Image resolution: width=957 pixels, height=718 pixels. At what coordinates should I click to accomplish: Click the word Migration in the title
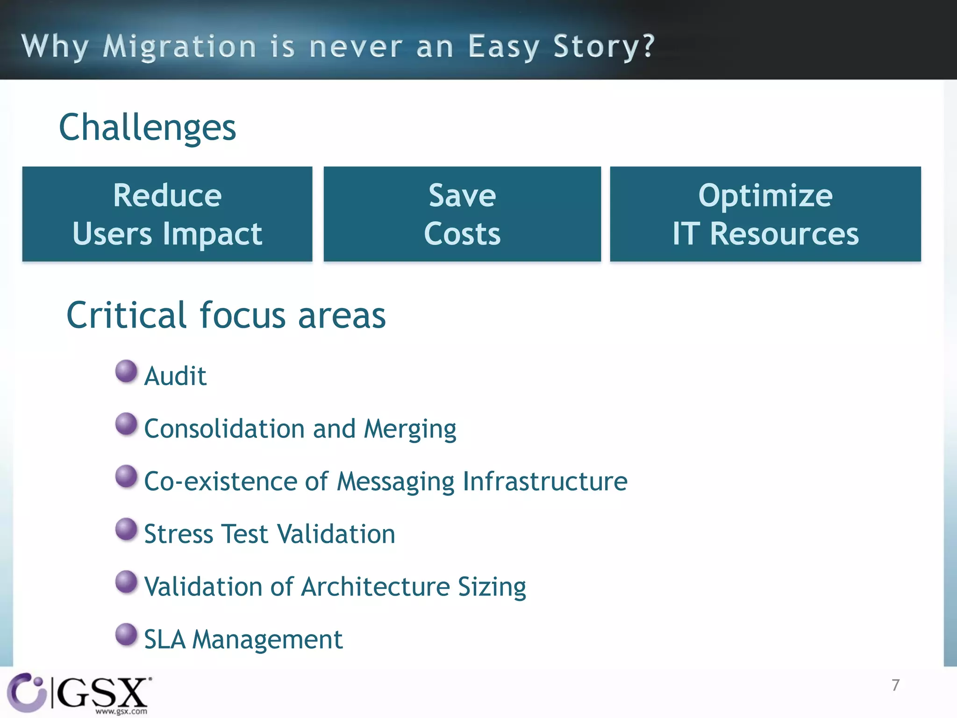[179, 47]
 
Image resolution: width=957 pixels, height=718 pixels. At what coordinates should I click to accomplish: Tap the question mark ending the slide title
[648, 46]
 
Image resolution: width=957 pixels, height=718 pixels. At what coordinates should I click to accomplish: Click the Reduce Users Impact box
[167, 214]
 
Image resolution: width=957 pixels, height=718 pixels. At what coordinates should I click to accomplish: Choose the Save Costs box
[462, 214]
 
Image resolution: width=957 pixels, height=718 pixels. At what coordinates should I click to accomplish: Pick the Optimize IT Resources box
[765, 214]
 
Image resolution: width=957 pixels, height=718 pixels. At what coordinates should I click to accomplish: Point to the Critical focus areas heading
[226, 316]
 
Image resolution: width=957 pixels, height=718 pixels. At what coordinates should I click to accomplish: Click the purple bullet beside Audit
[126, 371]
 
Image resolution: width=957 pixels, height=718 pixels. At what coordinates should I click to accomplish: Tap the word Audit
[175, 376]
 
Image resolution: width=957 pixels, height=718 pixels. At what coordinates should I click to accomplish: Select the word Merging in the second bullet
[410, 429]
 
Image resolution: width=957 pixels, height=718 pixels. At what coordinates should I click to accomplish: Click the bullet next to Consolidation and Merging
[126, 424]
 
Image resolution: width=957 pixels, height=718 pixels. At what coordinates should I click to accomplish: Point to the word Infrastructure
[545, 481]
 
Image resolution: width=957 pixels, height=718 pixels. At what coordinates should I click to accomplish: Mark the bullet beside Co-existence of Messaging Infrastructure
[126, 476]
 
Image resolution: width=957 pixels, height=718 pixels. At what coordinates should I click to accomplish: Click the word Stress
[179, 534]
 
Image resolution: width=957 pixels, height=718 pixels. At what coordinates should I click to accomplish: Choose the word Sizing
[492, 588]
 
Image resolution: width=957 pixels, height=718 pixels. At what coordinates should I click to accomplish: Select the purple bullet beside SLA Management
[126, 634]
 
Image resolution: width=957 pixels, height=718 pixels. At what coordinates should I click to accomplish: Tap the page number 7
[895, 685]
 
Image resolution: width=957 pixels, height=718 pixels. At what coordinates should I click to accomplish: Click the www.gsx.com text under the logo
[121, 711]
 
